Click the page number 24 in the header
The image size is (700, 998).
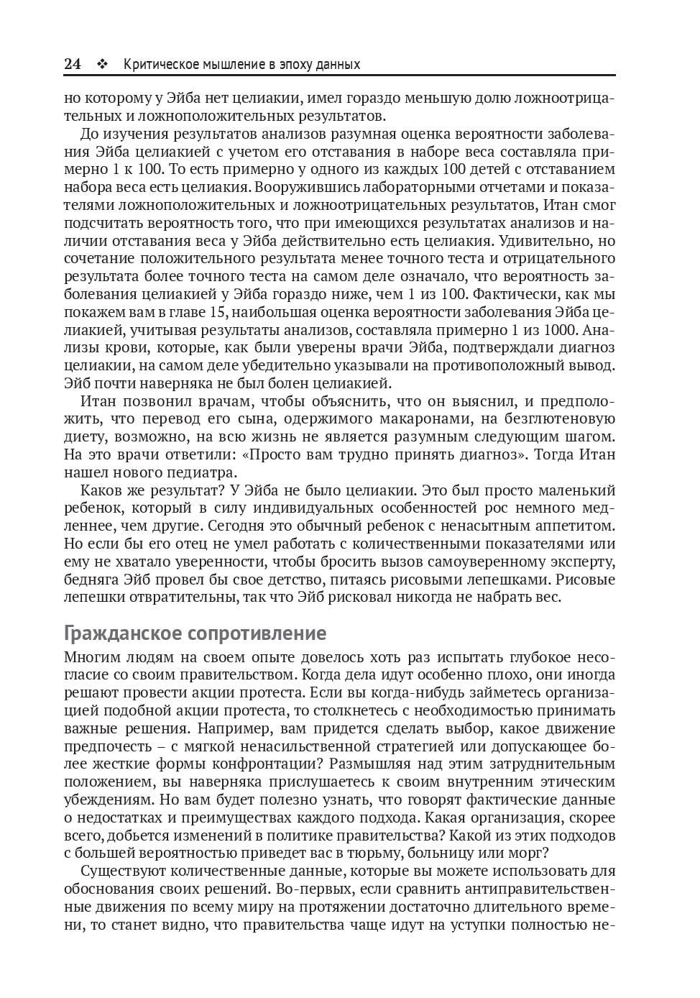pos(72,64)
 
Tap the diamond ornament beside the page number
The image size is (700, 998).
pos(102,64)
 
